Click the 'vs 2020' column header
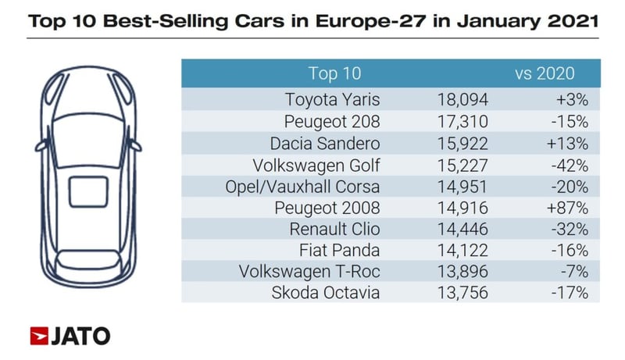point(544,74)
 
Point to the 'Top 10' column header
point(334,74)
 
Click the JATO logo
point(70,336)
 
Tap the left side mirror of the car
point(39,145)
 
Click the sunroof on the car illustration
point(87,193)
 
